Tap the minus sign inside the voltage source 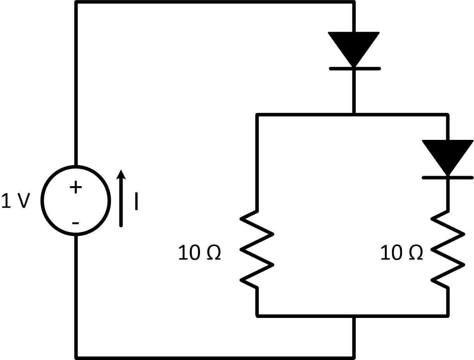[x=76, y=223]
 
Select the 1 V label [x=16, y=201]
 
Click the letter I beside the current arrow [x=136, y=201]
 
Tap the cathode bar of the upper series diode [x=354, y=69]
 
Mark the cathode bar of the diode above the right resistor [x=448, y=178]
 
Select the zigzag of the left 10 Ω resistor [x=257, y=249]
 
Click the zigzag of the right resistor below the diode [x=448, y=249]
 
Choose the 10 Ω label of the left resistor [x=200, y=253]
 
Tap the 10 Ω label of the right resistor [x=401, y=253]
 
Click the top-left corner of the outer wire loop [x=76, y=3]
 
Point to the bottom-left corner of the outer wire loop [x=76, y=356]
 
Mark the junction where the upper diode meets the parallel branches [x=354, y=115]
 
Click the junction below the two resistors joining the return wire [x=354, y=316]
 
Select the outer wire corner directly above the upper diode [x=354, y=3]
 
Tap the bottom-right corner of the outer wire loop [x=354, y=356]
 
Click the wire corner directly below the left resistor [x=257, y=316]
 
